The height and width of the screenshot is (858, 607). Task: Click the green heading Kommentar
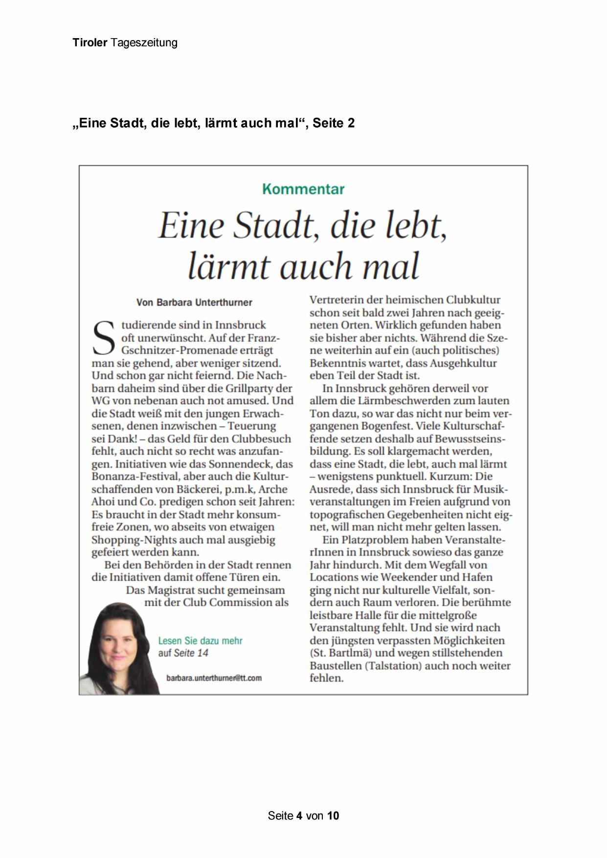coord(303,189)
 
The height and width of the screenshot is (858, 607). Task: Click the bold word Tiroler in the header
coord(90,43)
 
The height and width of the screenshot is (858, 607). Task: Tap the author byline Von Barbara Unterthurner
coord(194,302)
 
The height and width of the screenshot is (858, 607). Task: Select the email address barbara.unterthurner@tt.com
coord(214,678)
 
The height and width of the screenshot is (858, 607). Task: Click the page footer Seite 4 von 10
coord(303,815)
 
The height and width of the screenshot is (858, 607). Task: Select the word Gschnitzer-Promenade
coord(197,350)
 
